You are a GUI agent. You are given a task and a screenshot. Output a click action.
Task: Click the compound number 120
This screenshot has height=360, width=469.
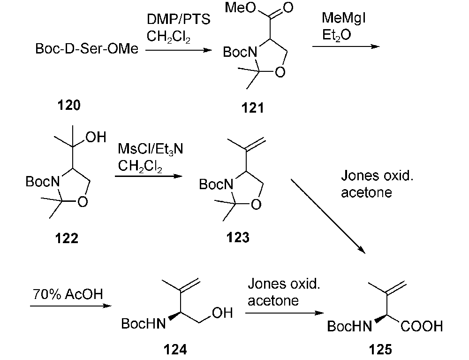point(68,105)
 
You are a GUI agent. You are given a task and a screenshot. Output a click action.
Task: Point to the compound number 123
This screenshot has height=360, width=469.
point(238,237)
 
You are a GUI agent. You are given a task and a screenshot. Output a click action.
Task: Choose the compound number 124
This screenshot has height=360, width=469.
point(175,349)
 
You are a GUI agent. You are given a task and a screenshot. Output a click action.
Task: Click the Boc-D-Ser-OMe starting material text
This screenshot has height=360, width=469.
point(87,48)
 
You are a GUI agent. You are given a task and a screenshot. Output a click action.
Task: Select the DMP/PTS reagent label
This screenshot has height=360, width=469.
point(174,20)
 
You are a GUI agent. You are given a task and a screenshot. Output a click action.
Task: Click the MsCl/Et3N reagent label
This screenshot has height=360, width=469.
point(151,150)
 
